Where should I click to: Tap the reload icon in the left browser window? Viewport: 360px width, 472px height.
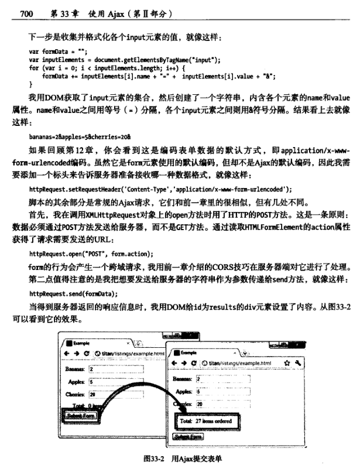[x=87, y=354]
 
